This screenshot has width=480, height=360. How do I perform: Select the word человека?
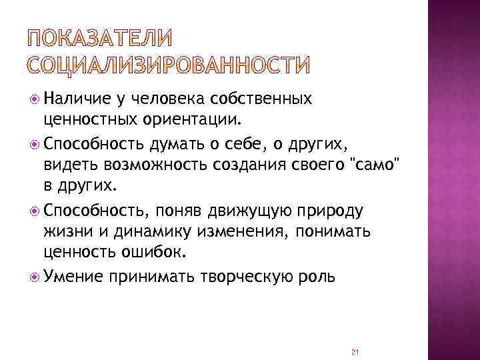click(168, 99)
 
